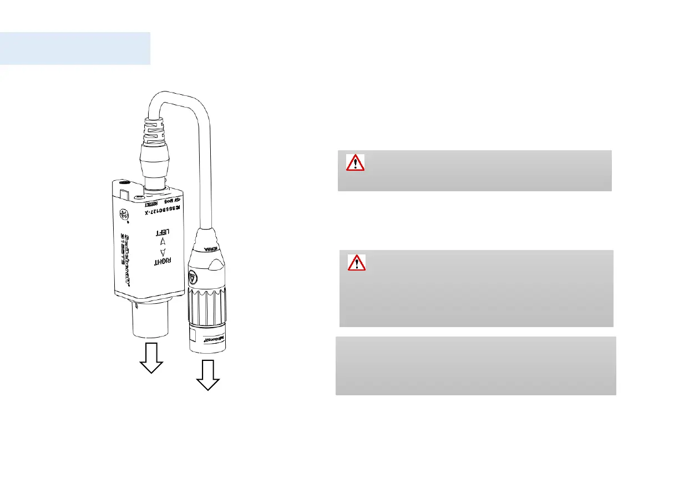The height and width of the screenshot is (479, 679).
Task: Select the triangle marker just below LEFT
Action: pos(162,242)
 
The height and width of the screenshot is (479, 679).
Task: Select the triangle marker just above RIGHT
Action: pos(161,252)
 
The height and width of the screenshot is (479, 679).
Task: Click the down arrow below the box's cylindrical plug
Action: pos(151,358)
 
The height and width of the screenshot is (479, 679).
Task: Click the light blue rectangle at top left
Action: pos(75,48)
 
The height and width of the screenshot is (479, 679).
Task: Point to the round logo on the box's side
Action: pos(125,215)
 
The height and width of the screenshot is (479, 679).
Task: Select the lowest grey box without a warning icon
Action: pos(475,365)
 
